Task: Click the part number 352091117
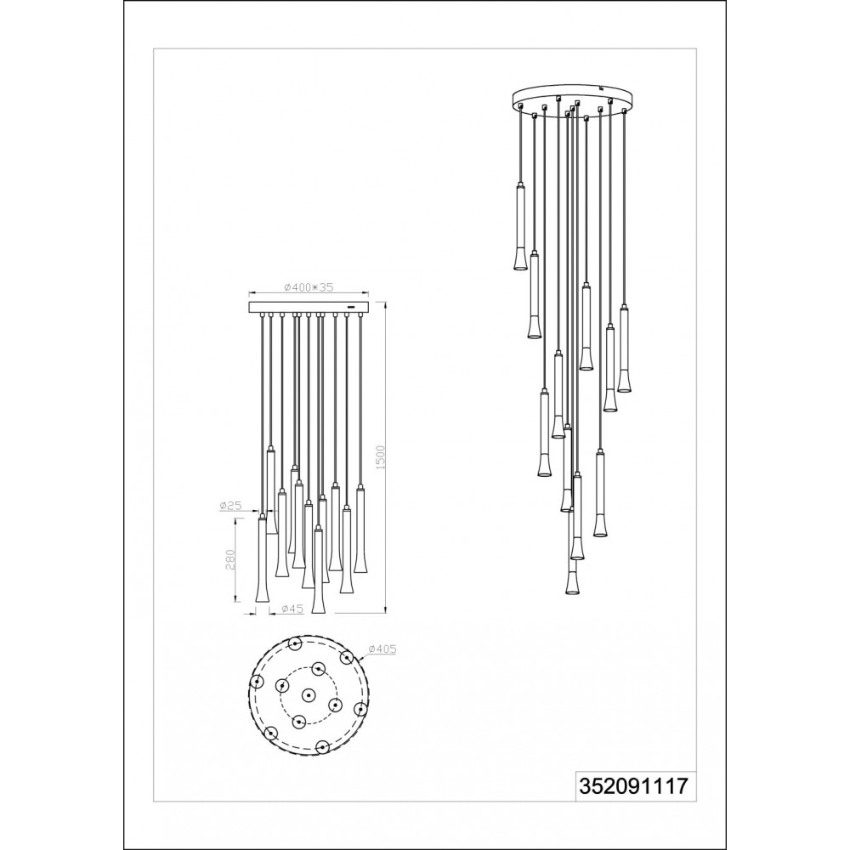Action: pos(635,786)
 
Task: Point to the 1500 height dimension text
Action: pos(380,457)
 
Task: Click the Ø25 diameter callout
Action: pos(230,505)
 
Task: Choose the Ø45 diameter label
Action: pos(292,609)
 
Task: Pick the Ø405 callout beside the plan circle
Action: pos(382,649)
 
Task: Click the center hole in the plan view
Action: pos(309,695)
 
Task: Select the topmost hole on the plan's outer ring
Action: pos(295,644)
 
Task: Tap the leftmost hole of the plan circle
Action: pos(257,682)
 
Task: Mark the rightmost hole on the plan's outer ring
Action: pos(360,709)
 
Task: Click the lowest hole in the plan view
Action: pos(322,747)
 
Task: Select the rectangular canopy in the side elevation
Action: pos(308,308)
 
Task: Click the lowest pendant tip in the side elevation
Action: pos(318,613)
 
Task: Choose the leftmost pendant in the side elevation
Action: pos(262,558)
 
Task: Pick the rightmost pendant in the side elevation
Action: pos(360,529)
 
